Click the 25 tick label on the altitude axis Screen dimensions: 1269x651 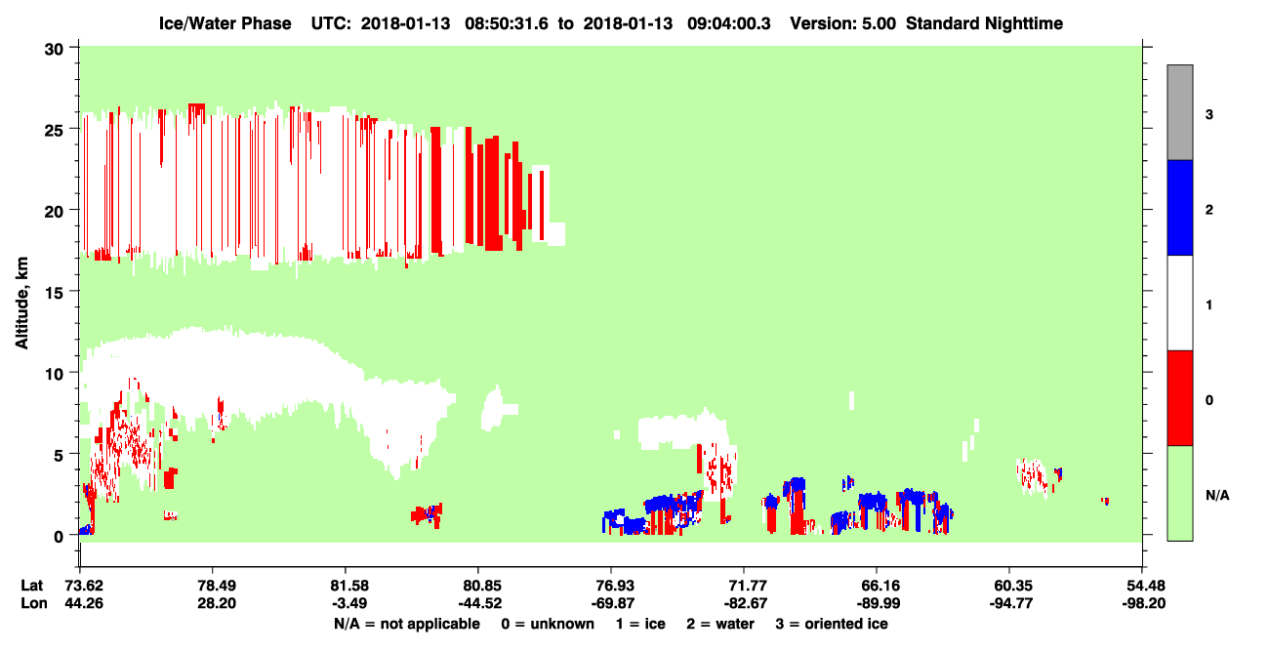coord(54,131)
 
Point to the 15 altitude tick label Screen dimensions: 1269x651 coord(54,294)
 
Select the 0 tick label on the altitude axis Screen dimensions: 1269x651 coord(59,537)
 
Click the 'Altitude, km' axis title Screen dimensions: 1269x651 coord(21,304)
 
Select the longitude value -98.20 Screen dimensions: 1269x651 coord(1143,603)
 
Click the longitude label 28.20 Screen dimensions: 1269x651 coord(217,603)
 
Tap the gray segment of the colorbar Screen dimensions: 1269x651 coord(1180,112)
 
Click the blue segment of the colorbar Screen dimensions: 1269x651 coord(1180,207)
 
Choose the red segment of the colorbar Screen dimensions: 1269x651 coord(1180,398)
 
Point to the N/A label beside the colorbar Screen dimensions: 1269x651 coord(1217,496)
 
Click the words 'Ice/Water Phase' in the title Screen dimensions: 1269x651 coord(225,23)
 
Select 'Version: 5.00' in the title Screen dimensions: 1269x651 coord(843,23)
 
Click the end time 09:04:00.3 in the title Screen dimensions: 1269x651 coord(729,23)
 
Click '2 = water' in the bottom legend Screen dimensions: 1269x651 coord(720,624)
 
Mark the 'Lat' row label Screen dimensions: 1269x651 coord(31,586)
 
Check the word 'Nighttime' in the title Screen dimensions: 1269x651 coord(1024,23)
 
